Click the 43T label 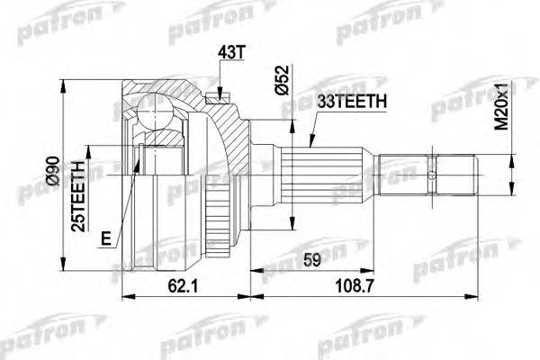coord(231,52)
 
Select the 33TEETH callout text coord(351,101)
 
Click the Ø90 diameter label coord(53,172)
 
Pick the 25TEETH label coord(77,195)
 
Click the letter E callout coord(106,238)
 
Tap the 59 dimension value coord(312,260)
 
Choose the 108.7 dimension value coord(355,286)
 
